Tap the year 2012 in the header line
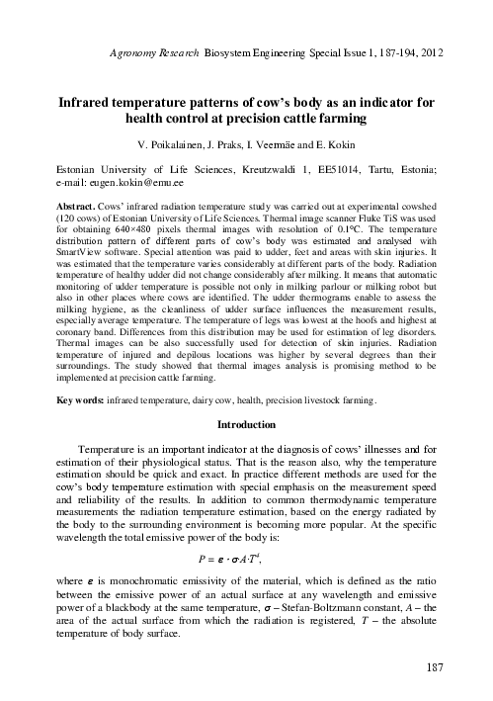(423, 46)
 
